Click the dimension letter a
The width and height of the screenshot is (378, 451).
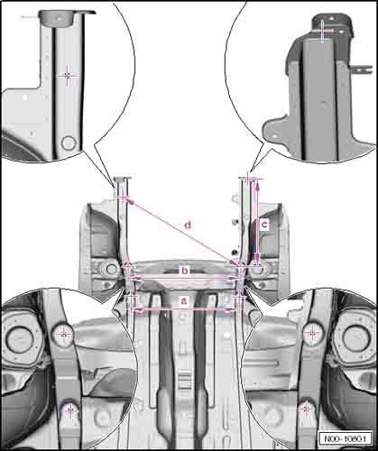click(184, 300)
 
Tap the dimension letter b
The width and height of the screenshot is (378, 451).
click(185, 271)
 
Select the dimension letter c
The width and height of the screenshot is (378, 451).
click(264, 225)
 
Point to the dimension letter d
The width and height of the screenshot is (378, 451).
click(188, 225)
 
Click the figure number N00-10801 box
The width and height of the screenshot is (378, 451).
click(345, 438)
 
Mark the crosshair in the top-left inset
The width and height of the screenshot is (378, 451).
click(67, 76)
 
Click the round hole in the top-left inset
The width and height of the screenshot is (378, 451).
click(69, 143)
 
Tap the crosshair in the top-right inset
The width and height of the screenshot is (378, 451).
click(322, 31)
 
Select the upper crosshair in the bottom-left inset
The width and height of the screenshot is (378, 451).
click(63, 334)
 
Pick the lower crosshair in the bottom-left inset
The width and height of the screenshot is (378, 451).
click(69, 410)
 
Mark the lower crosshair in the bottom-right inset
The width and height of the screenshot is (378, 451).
click(307, 409)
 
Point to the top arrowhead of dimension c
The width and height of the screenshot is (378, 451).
click(257, 187)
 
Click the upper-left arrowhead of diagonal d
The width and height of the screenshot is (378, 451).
click(128, 200)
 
